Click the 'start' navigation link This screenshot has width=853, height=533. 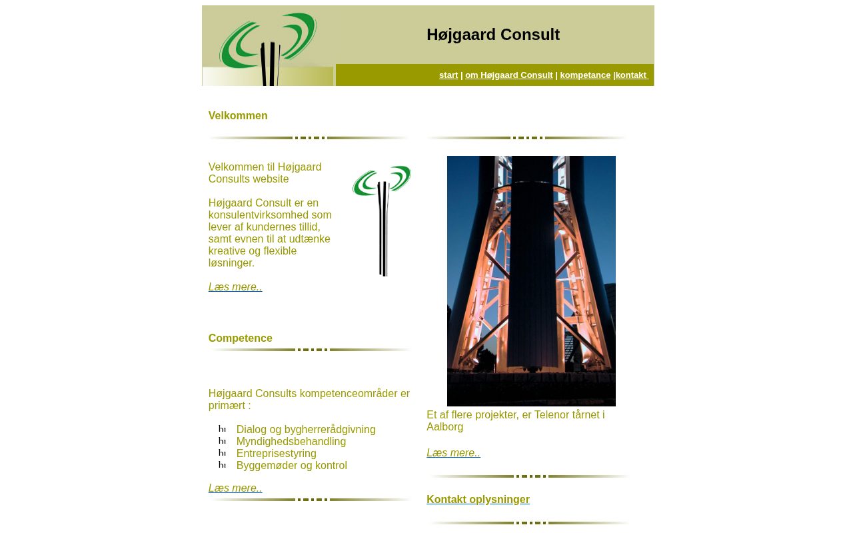coord(448,75)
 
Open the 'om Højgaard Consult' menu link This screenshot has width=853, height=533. coord(508,75)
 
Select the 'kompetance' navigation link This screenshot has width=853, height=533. coord(585,75)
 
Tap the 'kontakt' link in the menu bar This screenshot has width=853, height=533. coord(631,75)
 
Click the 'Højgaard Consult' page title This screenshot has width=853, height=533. coord(493,35)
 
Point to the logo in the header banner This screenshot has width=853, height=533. coord(268,47)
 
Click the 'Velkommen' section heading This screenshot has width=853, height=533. coord(238,116)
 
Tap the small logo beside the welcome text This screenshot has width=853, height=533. coord(382,221)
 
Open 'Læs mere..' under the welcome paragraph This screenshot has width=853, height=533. coord(235,287)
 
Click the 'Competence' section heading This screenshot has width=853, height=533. coord(241,338)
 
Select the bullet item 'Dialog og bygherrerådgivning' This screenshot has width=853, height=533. coord(306,430)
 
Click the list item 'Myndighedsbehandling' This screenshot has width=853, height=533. coord(291,442)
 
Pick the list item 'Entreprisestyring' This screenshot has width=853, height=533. coord(277,454)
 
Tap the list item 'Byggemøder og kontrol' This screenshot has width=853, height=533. coord(292,466)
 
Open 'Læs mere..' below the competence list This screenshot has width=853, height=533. coord(235,488)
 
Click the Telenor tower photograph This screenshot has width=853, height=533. coord(531,280)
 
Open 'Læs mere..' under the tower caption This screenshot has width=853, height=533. coord(453,453)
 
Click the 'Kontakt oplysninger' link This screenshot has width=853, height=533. coord(478,500)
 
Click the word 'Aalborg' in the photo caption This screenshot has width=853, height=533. coord(444,427)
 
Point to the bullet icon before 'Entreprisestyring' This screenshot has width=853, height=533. coord(222,454)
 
